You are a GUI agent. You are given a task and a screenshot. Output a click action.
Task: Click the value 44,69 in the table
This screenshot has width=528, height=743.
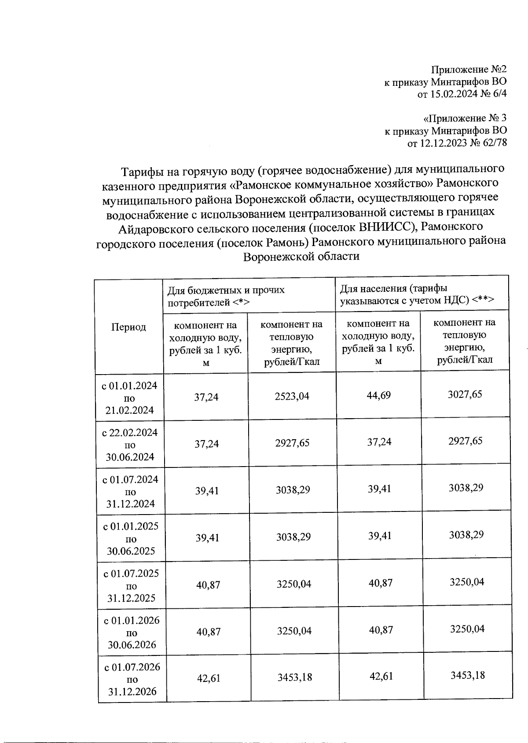coord(378,395)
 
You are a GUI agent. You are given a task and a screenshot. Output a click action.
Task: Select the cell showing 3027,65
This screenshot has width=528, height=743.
coord(465,394)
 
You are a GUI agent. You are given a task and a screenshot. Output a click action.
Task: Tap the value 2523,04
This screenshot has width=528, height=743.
coord(292,396)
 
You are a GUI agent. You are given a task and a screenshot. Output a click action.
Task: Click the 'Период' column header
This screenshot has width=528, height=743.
coord(128,327)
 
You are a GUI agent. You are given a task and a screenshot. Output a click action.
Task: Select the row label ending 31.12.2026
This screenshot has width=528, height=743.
coord(132,679)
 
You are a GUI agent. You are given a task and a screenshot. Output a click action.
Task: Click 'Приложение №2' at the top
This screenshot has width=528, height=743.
coord(469,70)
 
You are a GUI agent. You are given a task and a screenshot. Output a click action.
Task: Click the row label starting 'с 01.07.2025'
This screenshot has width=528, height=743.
coord(131,585)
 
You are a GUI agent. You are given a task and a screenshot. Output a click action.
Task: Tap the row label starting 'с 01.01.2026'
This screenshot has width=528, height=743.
coord(132,633)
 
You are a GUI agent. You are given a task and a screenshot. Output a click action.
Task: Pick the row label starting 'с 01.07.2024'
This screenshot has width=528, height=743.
coord(130,492)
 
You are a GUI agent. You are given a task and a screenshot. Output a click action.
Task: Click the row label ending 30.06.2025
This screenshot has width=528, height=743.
coord(131,539)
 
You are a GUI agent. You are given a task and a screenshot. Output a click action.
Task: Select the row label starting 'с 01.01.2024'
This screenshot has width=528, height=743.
coord(129,398)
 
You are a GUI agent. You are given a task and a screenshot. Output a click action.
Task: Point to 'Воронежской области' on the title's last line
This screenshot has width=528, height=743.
coord(301,257)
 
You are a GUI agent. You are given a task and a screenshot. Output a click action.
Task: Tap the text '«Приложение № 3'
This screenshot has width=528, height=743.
coord(465,118)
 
